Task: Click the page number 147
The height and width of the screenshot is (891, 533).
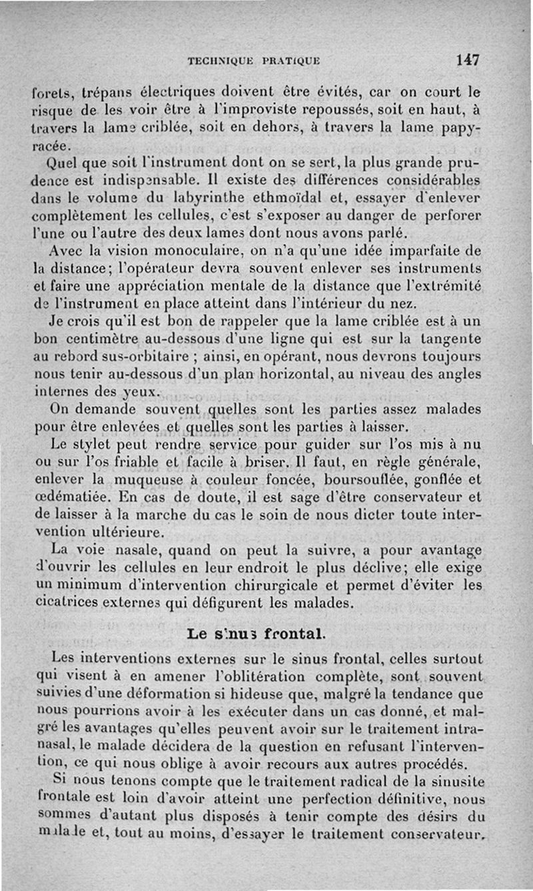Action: coord(468,60)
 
